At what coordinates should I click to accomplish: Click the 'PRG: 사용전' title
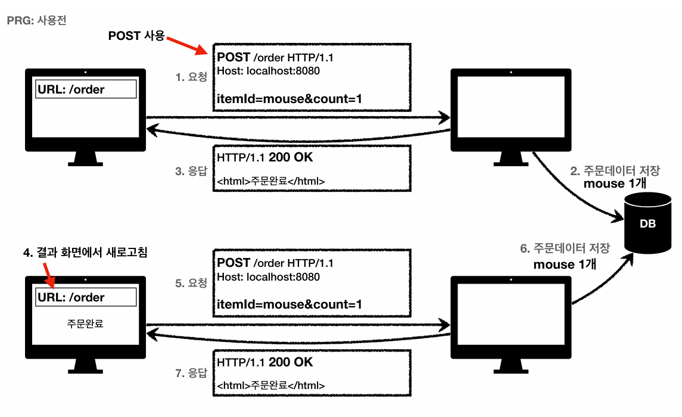(x=36, y=20)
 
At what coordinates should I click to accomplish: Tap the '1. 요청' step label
(x=192, y=77)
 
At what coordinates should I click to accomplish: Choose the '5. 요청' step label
(x=192, y=283)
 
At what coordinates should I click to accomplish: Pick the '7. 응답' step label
(x=192, y=374)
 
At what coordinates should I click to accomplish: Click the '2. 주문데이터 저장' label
(x=615, y=171)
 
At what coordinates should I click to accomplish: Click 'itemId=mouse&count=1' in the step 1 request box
(x=289, y=98)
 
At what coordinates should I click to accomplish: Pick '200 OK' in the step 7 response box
(x=291, y=362)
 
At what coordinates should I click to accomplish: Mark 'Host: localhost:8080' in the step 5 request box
(x=269, y=277)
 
